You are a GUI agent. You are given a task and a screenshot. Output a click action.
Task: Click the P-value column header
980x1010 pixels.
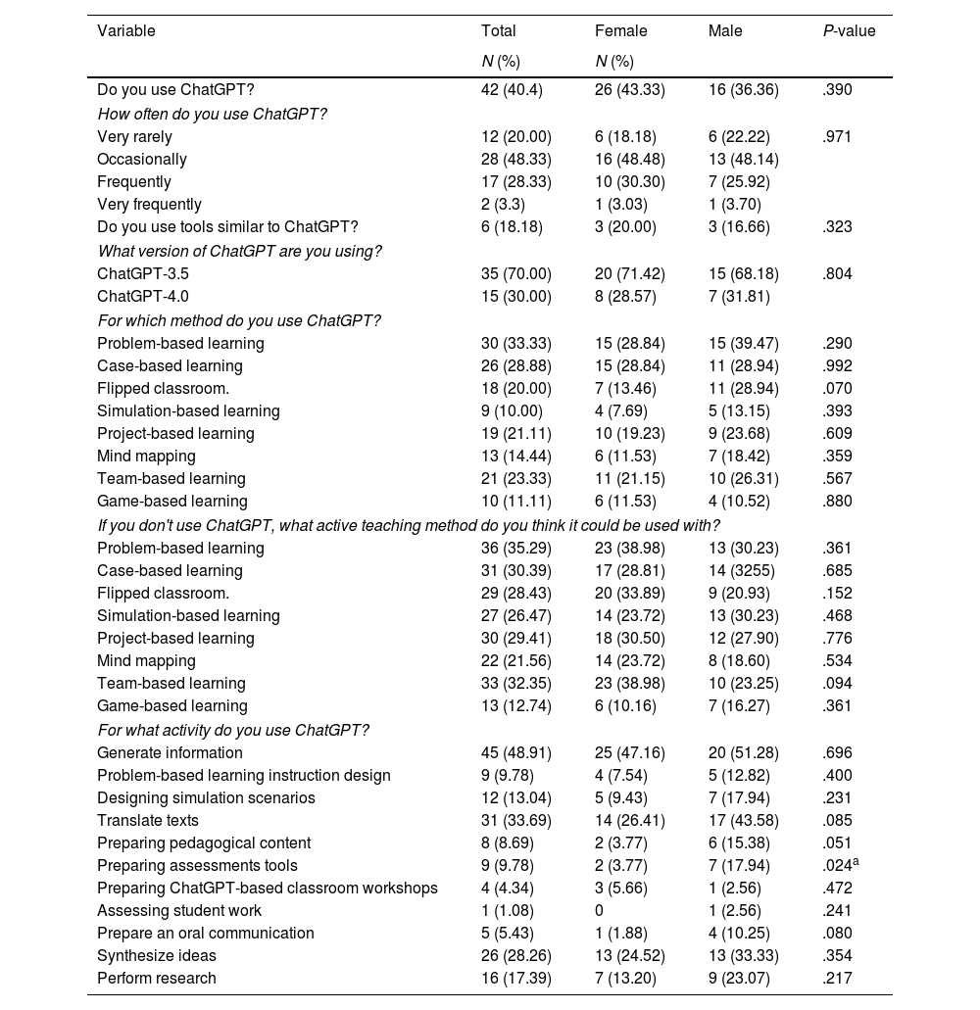849,31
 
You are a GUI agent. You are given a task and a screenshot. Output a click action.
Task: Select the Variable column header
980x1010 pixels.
126,31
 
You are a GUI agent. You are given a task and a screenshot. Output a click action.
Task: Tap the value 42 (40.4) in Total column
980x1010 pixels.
512,90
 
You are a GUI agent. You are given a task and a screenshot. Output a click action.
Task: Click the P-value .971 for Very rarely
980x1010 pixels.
838,137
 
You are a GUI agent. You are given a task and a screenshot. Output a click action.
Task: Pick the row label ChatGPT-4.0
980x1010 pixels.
143,296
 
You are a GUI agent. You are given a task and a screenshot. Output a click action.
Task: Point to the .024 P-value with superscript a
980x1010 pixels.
841,865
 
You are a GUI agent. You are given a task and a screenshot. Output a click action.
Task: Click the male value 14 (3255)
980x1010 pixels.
743,570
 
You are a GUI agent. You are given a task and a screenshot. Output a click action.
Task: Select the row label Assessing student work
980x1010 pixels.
179,910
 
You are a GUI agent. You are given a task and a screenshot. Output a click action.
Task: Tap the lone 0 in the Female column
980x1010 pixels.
600,910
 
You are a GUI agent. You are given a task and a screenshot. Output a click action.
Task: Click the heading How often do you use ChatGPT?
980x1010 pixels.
212,114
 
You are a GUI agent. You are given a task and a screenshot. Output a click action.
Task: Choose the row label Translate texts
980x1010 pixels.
148,820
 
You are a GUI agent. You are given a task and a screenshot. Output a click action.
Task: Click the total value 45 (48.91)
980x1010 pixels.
516,752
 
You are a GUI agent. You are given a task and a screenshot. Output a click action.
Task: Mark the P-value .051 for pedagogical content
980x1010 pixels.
838,842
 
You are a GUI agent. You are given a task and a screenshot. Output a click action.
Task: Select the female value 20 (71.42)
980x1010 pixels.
630,273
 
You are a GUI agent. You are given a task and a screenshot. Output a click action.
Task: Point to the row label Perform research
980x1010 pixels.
157,978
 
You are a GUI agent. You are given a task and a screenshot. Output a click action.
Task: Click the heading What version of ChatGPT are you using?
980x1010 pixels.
239,251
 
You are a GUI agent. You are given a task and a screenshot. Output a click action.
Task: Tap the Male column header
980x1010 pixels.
725,31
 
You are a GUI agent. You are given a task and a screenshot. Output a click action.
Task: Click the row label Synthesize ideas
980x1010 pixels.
157,955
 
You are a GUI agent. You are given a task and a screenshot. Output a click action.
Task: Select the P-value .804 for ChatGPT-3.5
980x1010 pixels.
838,273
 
